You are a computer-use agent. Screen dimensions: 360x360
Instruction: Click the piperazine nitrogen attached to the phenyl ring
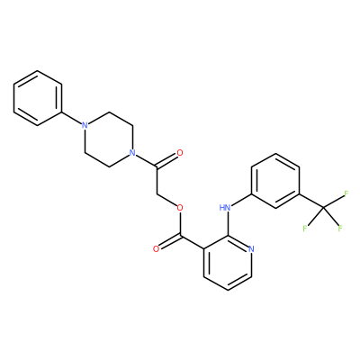pos(85,125)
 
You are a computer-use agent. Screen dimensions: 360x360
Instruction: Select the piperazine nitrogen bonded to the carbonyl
pos(131,153)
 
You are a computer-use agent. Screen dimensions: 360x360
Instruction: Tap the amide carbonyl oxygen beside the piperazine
pos(180,153)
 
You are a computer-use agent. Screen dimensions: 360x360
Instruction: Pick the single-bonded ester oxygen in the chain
pos(180,207)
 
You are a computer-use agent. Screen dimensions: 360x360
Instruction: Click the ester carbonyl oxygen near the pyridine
pos(156,248)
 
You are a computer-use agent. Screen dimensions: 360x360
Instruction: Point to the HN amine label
pos(225,207)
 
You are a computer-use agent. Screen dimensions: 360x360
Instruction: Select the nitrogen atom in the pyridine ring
pos(251,248)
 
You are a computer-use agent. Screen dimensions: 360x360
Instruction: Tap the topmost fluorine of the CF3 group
pos(346,193)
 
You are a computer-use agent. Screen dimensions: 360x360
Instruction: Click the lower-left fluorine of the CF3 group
pos(305,229)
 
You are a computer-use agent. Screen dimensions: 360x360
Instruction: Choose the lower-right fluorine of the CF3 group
pos(340,229)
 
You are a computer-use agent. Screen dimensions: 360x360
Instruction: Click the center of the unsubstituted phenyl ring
pos(38,98)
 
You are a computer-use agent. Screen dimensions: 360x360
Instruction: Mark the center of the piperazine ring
pos(108,139)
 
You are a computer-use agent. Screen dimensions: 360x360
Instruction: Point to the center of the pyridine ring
pos(228,263)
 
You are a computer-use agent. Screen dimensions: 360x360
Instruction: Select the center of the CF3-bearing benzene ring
pos(275,181)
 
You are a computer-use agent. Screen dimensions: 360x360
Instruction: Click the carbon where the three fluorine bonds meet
pos(323,208)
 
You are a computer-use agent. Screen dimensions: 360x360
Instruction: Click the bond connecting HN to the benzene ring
pos(241,200)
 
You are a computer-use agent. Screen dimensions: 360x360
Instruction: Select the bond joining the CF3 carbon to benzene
pos(311,201)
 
